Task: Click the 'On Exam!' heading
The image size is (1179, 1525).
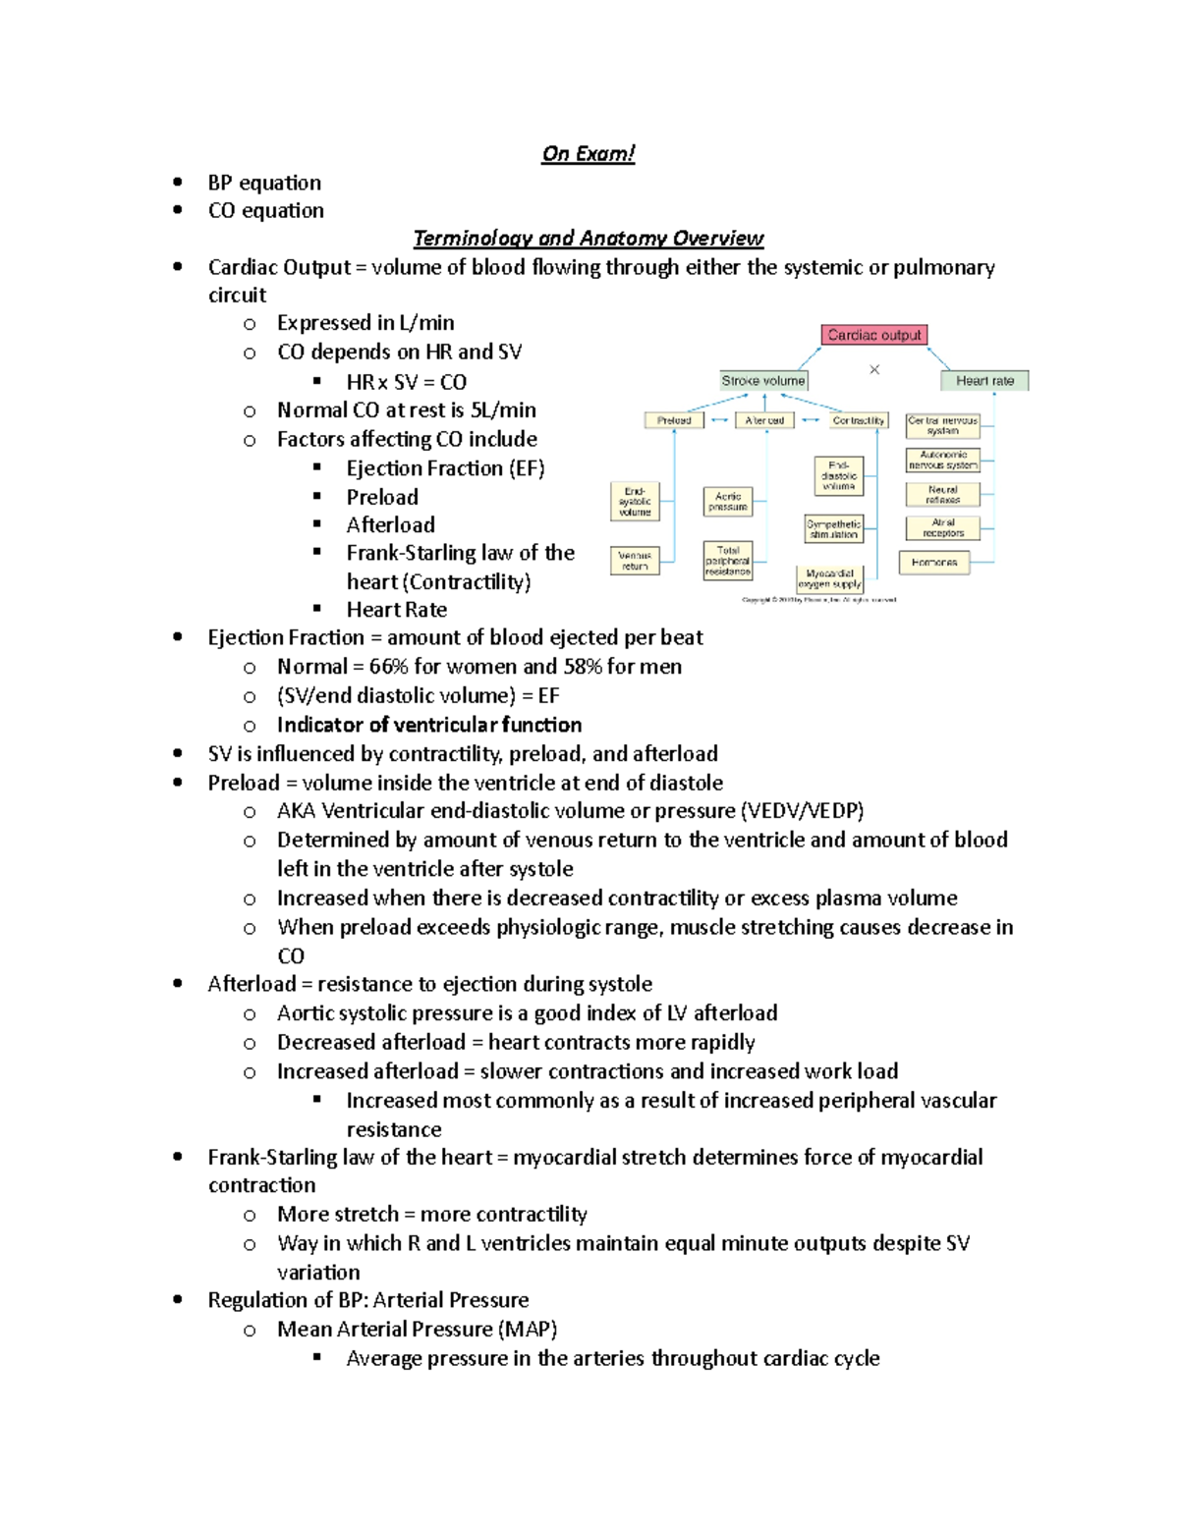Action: click(x=588, y=153)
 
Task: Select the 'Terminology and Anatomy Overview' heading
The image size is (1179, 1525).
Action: click(x=588, y=238)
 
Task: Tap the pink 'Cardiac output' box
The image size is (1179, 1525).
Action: click(x=873, y=335)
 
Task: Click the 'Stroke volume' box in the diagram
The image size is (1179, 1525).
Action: click(x=762, y=381)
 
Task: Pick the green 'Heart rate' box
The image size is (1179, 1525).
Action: click(x=984, y=381)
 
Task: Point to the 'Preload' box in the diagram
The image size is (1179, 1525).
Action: click(x=674, y=420)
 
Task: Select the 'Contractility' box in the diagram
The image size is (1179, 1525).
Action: click(x=858, y=420)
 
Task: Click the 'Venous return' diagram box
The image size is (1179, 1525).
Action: click(x=635, y=561)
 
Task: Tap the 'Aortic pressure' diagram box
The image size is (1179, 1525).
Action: click(x=728, y=502)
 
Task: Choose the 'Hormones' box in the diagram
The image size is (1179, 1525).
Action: click(x=933, y=563)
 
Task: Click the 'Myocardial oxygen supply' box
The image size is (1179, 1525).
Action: click(x=829, y=578)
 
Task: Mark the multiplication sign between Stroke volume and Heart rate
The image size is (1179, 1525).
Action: click(x=874, y=369)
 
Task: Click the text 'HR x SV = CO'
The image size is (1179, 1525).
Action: click(x=406, y=382)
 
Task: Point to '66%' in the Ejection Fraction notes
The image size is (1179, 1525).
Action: click(x=388, y=667)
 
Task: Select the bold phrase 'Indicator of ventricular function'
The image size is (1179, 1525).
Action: click(x=429, y=725)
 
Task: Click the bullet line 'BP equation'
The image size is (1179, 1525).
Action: click(x=264, y=183)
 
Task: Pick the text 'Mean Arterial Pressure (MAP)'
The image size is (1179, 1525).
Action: click(x=417, y=1330)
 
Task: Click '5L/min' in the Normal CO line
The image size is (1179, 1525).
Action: click(x=503, y=410)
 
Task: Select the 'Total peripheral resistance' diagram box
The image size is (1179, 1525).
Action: click(x=728, y=561)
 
